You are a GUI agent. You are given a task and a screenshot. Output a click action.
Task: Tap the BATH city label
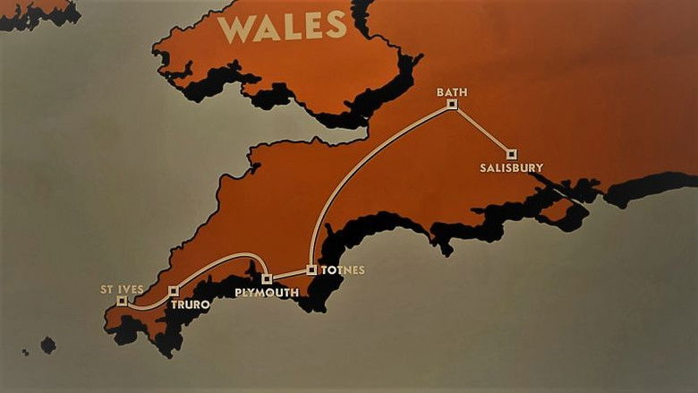tap(452, 91)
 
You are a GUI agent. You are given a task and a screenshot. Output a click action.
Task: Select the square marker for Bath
tap(452, 104)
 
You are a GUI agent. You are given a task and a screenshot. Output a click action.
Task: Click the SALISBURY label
tap(511, 167)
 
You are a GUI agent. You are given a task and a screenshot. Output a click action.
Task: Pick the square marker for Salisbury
tap(512, 154)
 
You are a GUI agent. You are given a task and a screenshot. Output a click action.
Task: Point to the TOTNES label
tap(343, 269)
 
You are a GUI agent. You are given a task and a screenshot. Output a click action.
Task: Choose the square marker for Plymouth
tap(267, 279)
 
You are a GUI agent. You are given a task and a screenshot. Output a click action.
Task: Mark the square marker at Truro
tap(174, 291)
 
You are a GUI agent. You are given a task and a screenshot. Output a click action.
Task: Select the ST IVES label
tap(123, 289)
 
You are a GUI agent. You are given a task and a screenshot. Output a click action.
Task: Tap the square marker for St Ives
tap(122, 302)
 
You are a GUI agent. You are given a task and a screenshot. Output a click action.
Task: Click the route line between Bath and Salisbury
tap(481, 129)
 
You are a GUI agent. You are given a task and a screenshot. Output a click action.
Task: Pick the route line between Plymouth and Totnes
tap(289, 274)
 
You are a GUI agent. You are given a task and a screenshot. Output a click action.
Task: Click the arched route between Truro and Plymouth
tap(224, 259)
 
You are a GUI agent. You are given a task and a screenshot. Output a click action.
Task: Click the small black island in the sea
tap(47, 345)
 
